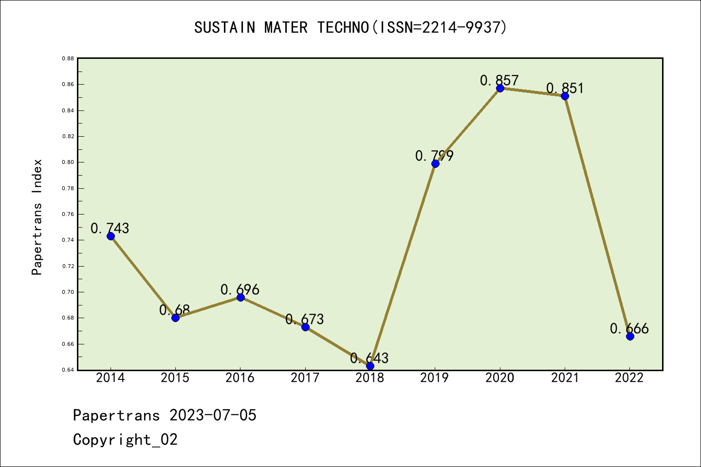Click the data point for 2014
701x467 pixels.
click(x=111, y=236)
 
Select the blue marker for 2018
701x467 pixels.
click(x=370, y=366)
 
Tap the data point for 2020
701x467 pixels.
click(x=500, y=88)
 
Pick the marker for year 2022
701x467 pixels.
click(x=630, y=336)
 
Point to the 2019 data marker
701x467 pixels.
click(x=435, y=163)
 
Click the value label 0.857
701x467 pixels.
click(x=499, y=80)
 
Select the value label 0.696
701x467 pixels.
click(x=240, y=290)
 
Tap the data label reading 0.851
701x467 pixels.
click(x=565, y=89)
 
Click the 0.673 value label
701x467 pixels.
click(x=305, y=320)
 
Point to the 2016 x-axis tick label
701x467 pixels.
click(x=240, y=378)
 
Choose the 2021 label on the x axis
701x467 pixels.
click(x=565, y=378)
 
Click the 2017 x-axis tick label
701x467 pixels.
click(x=305, y=378)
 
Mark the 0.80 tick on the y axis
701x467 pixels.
click(x=68, y=162)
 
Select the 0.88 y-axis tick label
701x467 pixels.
click(x=68, y=58)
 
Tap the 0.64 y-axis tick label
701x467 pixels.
click(x=68, y=370)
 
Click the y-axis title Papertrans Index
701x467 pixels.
click(x=37, y=217)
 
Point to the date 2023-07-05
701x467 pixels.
click(x=213, y=415)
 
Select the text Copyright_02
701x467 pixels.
click(x=125, y=440)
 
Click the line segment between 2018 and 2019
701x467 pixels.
click(x=403, y=265)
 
